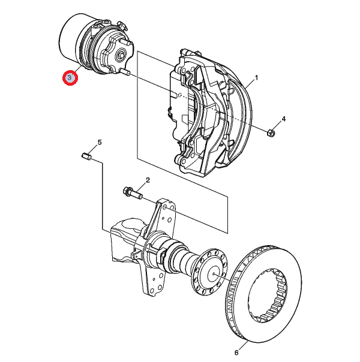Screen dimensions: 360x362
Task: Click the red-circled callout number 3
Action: tap(70, 77)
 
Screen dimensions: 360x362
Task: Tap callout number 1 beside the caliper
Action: tap(256, 78)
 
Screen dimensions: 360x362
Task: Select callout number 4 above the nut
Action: tap(284, 119)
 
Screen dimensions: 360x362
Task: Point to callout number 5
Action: tap(100, 142)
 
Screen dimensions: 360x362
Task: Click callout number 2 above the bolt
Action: tap(148, 180)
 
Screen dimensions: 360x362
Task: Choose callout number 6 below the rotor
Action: tap(236, 352)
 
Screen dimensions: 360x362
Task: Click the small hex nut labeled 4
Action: tap(271, 132)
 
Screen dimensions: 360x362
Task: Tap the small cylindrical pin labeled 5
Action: tap(86, 156)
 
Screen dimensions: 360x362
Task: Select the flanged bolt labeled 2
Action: tap(133, 194)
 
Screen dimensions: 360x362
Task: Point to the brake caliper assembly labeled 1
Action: tap(210, 113)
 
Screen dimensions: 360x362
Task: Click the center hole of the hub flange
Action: tap(214, 274)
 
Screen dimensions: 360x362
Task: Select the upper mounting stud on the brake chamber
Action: tap(127, 43)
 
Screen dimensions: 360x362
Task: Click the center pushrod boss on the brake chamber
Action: tap(121, 55)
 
